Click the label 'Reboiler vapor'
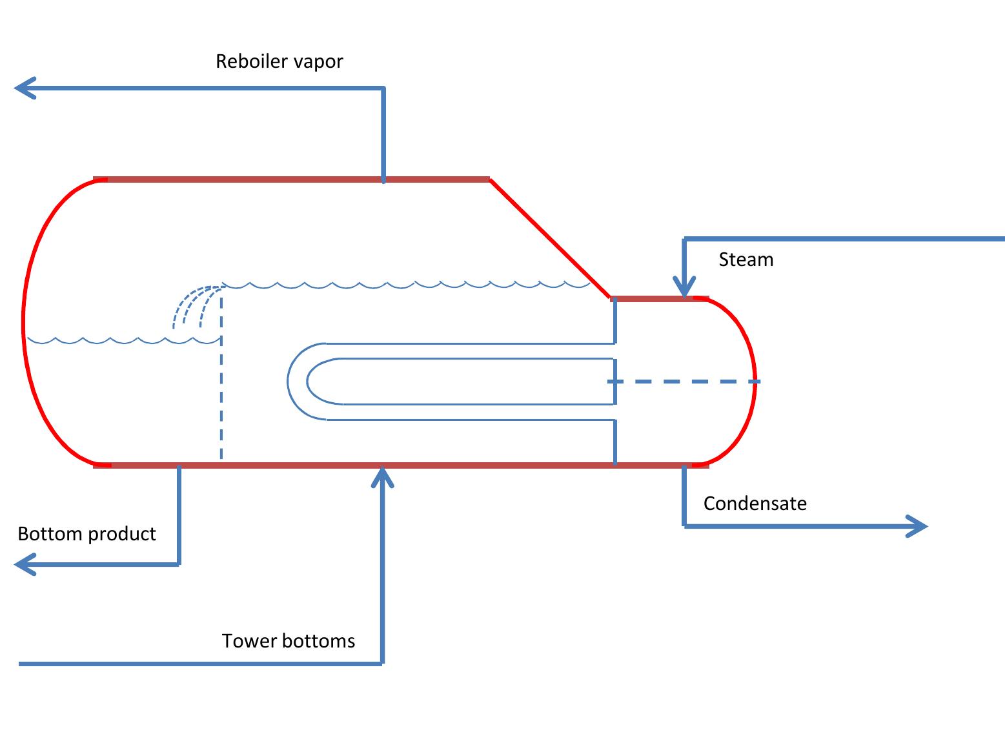click(x=279, y=61)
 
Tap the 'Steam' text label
click(x=746, y=260)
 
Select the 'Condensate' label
click(x=755, y=504)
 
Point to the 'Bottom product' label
click(x=86, y=534)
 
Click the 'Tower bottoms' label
click(x=289, y=641)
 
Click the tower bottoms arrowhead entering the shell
click(x=383, y=476)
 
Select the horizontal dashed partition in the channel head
click(x=684, y=382)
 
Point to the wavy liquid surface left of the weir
click(x=123, y=340)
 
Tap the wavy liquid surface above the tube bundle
click(x=407, y=284)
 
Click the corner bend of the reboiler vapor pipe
click(x=383, y=88)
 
